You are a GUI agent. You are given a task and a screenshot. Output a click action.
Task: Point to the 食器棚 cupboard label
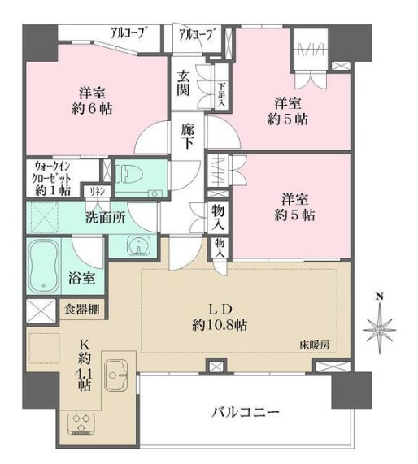(84, 309)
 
